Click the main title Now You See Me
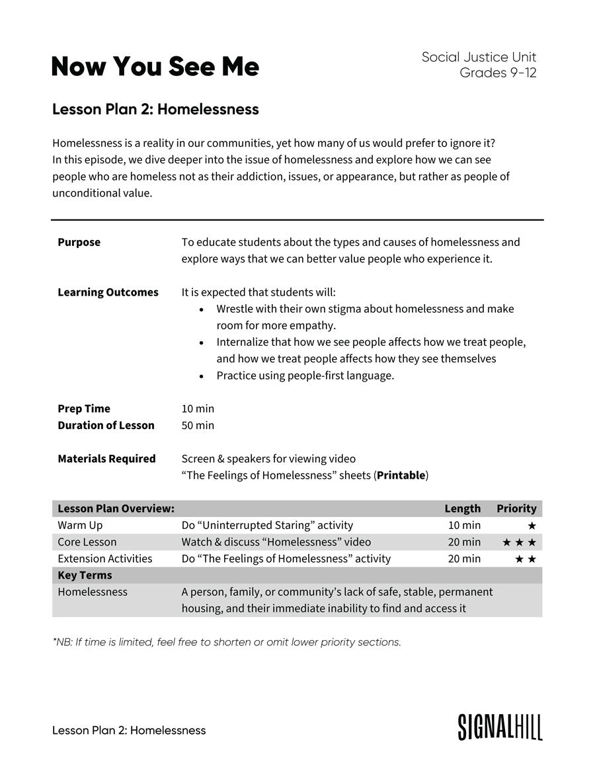click(155, 67)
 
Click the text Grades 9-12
click(498, 73)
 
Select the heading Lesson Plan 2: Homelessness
click(155, 110)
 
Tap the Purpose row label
click(79, 242)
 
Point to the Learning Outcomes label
click(108, 292)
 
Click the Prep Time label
click(84, 409)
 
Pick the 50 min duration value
click(198, 425)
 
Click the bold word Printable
click(401, 475)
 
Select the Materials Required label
click(106, 459)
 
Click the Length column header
click(462, 508)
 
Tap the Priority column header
click(516, 508)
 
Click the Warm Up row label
click(80, 526)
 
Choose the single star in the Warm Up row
click(532, 526)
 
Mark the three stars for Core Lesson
click(519, 542)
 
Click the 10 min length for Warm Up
click(464, 526)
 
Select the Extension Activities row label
click(104, 559)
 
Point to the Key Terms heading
click(85, 575)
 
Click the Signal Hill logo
click(500, 727)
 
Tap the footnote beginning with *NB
click(226, 642)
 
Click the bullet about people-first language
click(305, 376)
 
